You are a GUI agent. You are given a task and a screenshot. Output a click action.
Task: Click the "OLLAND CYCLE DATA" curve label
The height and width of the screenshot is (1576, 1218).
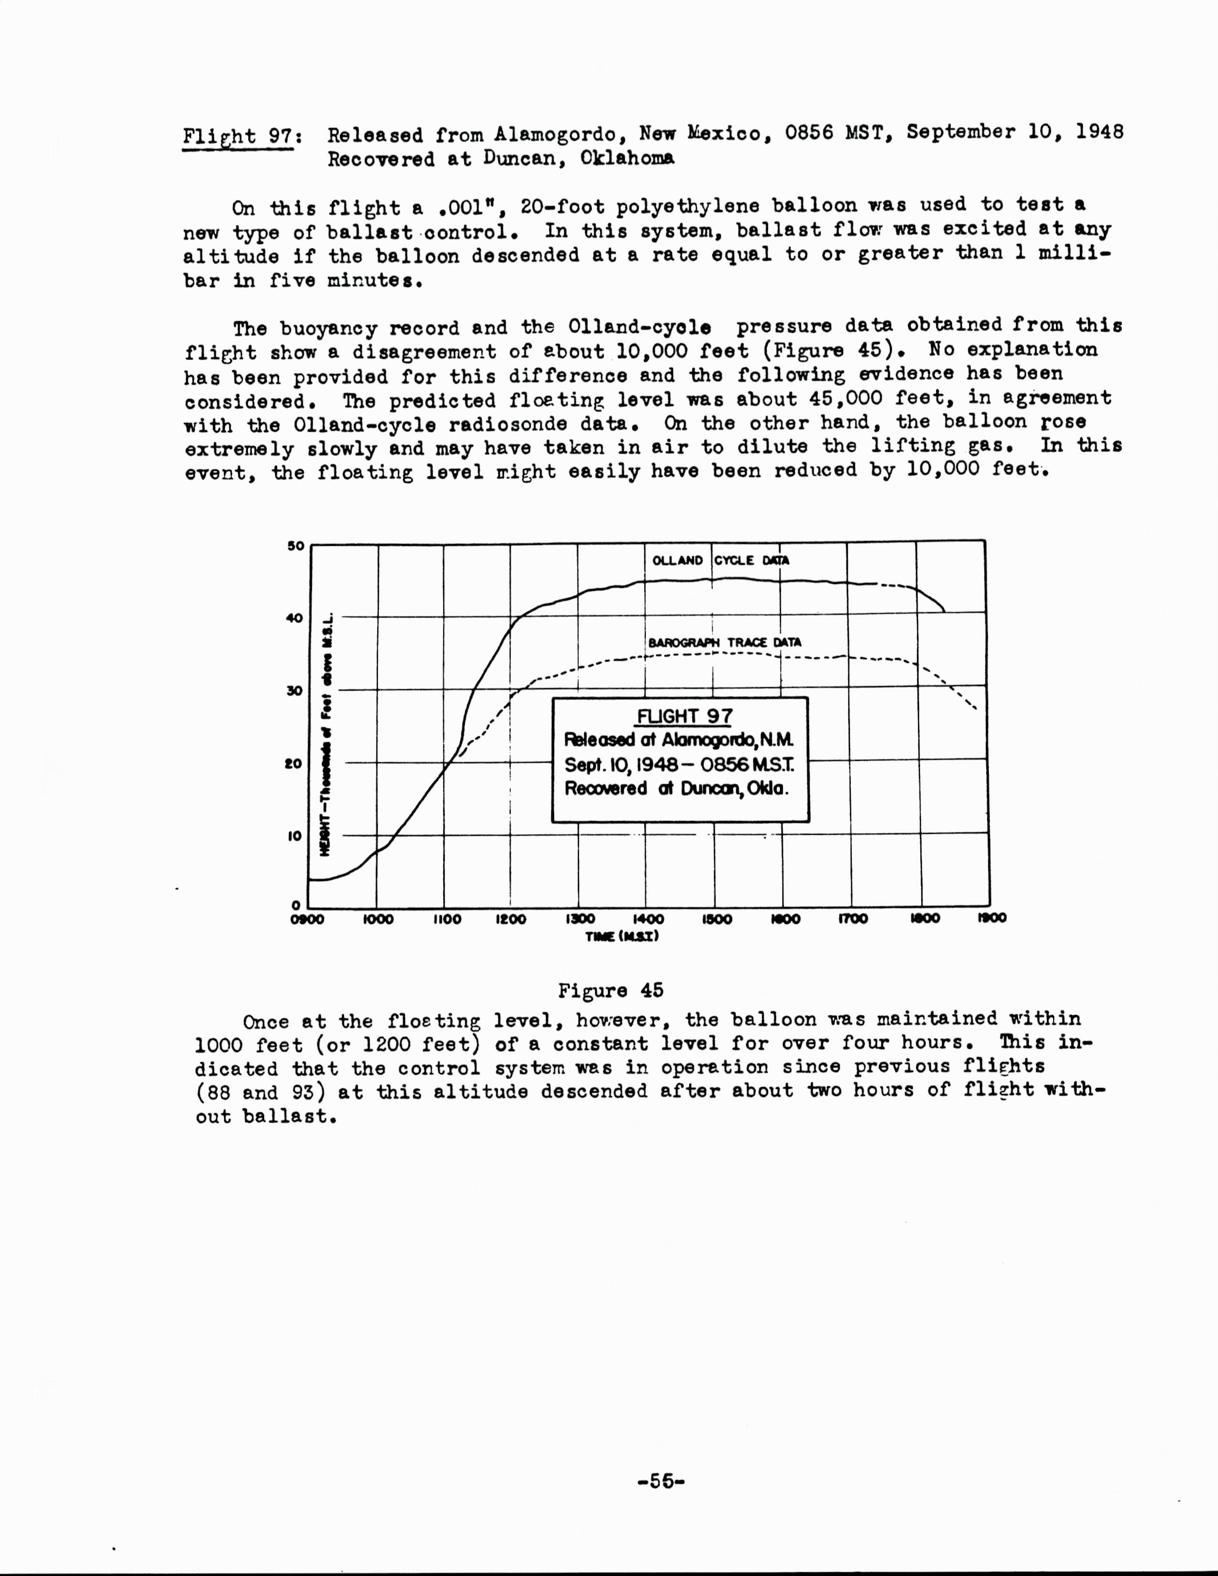720,560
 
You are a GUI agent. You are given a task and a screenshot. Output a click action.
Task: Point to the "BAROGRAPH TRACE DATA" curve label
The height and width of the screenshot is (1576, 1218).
725,642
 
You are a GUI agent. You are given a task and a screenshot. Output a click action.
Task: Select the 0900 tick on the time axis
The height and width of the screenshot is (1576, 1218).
308,919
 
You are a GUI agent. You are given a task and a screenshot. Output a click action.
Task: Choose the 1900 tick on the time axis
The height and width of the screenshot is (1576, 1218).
992,918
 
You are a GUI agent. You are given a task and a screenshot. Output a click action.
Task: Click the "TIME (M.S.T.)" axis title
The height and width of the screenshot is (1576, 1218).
622,937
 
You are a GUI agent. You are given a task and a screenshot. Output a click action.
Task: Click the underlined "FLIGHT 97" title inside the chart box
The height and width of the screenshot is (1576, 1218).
684,716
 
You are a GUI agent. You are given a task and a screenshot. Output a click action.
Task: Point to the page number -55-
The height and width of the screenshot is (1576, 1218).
661,1481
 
